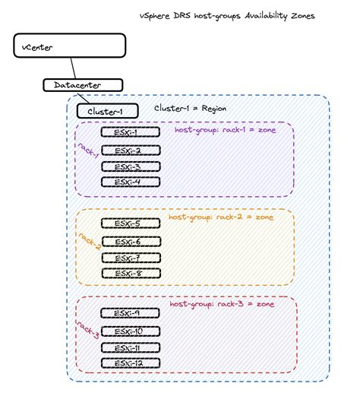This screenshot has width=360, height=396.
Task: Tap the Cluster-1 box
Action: coord(106,111)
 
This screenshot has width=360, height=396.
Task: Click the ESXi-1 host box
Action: coord(130,132)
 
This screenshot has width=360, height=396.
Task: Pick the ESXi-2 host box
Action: coord(130,150)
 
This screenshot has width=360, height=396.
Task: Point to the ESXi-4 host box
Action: coord(130,182)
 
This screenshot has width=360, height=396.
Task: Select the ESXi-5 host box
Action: coord(130,223)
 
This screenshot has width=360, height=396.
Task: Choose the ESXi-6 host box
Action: coord(130,242)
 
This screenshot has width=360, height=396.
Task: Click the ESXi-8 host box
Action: coord(130,273)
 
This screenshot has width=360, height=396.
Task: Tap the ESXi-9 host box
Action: coord(130,313)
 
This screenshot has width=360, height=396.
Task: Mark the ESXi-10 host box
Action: coord(130,331)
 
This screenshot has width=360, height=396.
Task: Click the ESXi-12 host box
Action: coord(130,363)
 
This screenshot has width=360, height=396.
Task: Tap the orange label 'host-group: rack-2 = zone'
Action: coord(221,217)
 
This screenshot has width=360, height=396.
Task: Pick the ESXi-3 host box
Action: coord(130,166)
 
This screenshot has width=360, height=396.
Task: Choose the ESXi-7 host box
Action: coord(130,258)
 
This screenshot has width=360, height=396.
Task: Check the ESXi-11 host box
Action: coord(130,347)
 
